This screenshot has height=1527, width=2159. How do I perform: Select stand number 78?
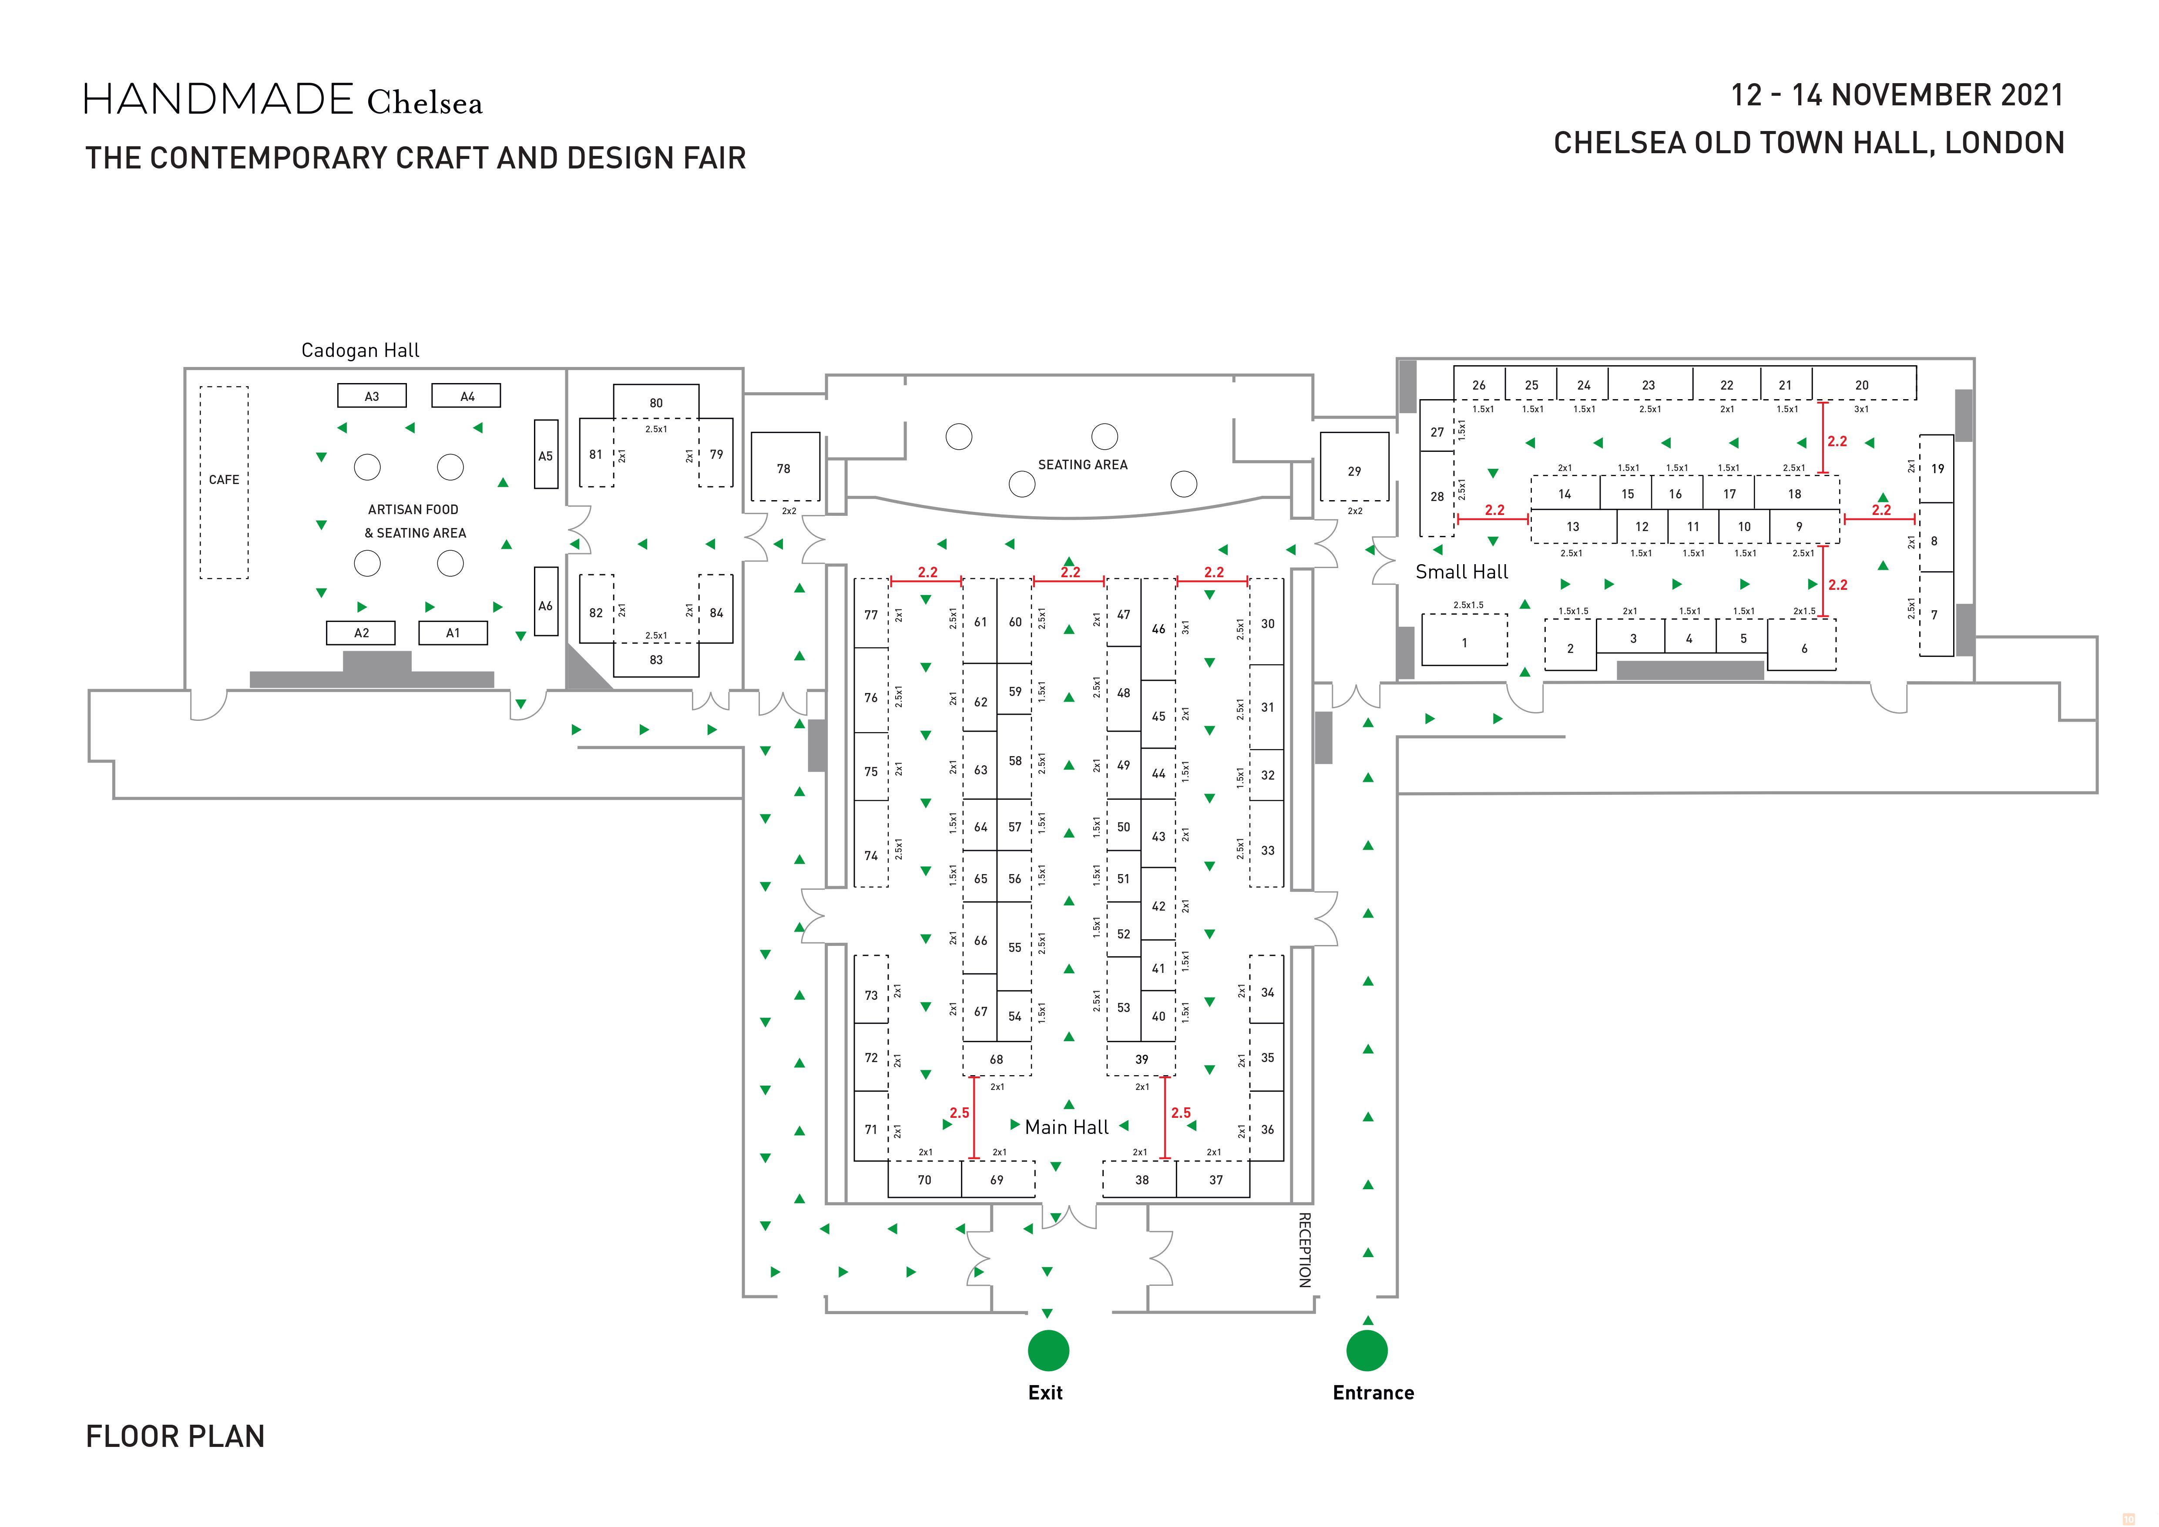click(x=784, y=468)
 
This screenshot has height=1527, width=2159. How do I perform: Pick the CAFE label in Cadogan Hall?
click(x=224, y=480)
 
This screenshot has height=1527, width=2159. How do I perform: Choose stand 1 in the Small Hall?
click(x=1464, y=642)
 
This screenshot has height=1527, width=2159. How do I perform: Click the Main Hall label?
click(x=1066, y=1127)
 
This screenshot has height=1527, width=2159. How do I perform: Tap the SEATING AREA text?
click(x=1082, y=464)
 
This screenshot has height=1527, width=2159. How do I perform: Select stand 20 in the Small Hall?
click(x=1862, y=384)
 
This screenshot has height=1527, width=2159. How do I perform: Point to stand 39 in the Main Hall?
click(x=1142, y=1059)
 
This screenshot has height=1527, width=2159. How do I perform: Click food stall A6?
click(x=545, y=605)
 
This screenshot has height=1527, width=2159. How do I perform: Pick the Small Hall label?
click(x=1461, y=572)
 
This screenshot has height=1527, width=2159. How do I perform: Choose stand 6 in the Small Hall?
click(x=1803, y=648)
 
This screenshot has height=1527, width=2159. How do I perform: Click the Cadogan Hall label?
click(x=360, y=350)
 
